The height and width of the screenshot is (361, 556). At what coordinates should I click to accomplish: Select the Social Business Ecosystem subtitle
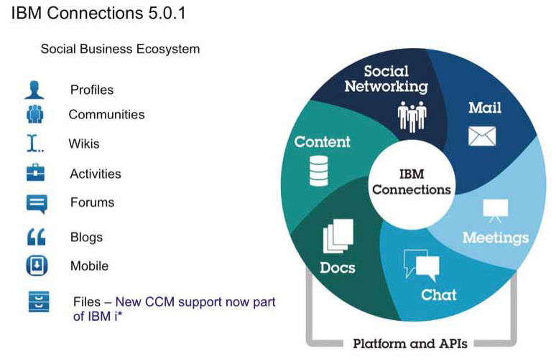(120, 49)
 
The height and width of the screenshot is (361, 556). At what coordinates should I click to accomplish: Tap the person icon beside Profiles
(34, 90)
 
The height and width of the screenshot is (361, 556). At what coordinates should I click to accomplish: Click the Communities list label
(106, 114)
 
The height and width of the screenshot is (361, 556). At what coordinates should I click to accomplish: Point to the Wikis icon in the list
(34, 144)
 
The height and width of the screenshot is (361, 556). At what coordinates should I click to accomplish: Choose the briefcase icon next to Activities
(35, 173)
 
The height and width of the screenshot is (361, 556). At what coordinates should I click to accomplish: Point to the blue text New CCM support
(195, 302)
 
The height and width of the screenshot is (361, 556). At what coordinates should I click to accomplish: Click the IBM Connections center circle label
(411, 182)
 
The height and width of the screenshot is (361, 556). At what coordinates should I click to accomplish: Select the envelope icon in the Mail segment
(482, 136)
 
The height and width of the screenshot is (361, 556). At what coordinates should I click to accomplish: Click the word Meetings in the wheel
(495, 238)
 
